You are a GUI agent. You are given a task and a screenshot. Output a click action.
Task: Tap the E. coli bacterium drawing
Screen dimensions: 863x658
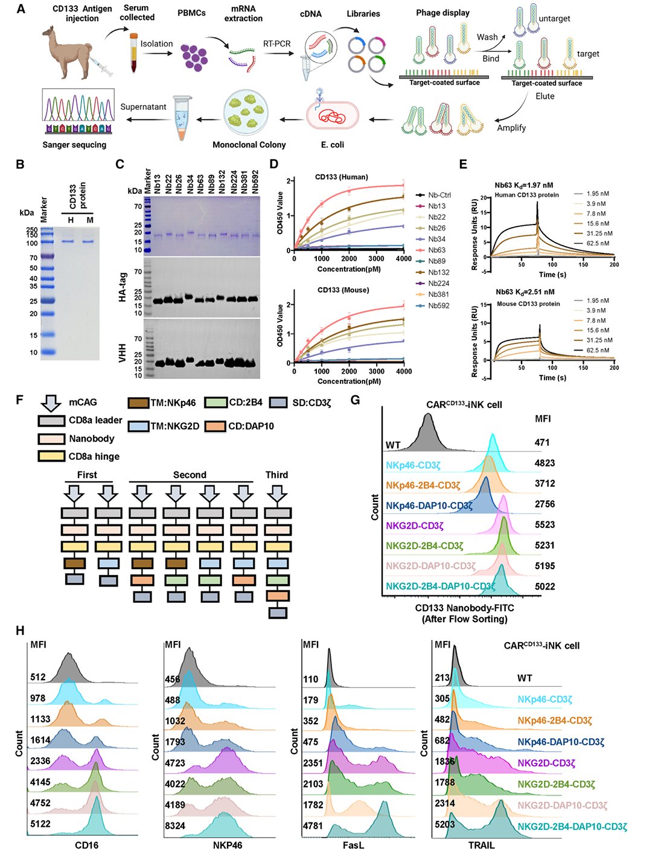click(332, 115)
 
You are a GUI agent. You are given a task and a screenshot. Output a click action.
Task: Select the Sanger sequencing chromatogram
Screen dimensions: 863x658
click(77, 111)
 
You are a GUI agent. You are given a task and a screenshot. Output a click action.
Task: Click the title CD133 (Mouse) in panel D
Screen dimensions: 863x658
click(343, 290)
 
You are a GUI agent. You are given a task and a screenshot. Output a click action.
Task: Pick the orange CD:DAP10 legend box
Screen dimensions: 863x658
click(216, 427)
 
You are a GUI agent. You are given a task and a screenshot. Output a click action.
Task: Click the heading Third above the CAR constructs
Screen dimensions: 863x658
click(276, 475)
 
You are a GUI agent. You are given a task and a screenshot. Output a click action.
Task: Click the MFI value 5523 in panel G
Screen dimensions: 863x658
click(545, 525)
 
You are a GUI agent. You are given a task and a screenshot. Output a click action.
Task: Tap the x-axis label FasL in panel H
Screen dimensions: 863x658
click(353, 845)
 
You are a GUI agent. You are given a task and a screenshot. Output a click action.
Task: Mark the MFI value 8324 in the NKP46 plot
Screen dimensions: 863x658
click(175, 826)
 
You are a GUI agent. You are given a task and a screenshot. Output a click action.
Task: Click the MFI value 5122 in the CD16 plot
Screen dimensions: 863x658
click(40, 824)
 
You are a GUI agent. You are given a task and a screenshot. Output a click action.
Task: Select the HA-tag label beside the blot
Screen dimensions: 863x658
click(123, 286)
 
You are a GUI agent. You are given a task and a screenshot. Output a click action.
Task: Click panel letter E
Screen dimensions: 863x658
click(463, 164)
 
